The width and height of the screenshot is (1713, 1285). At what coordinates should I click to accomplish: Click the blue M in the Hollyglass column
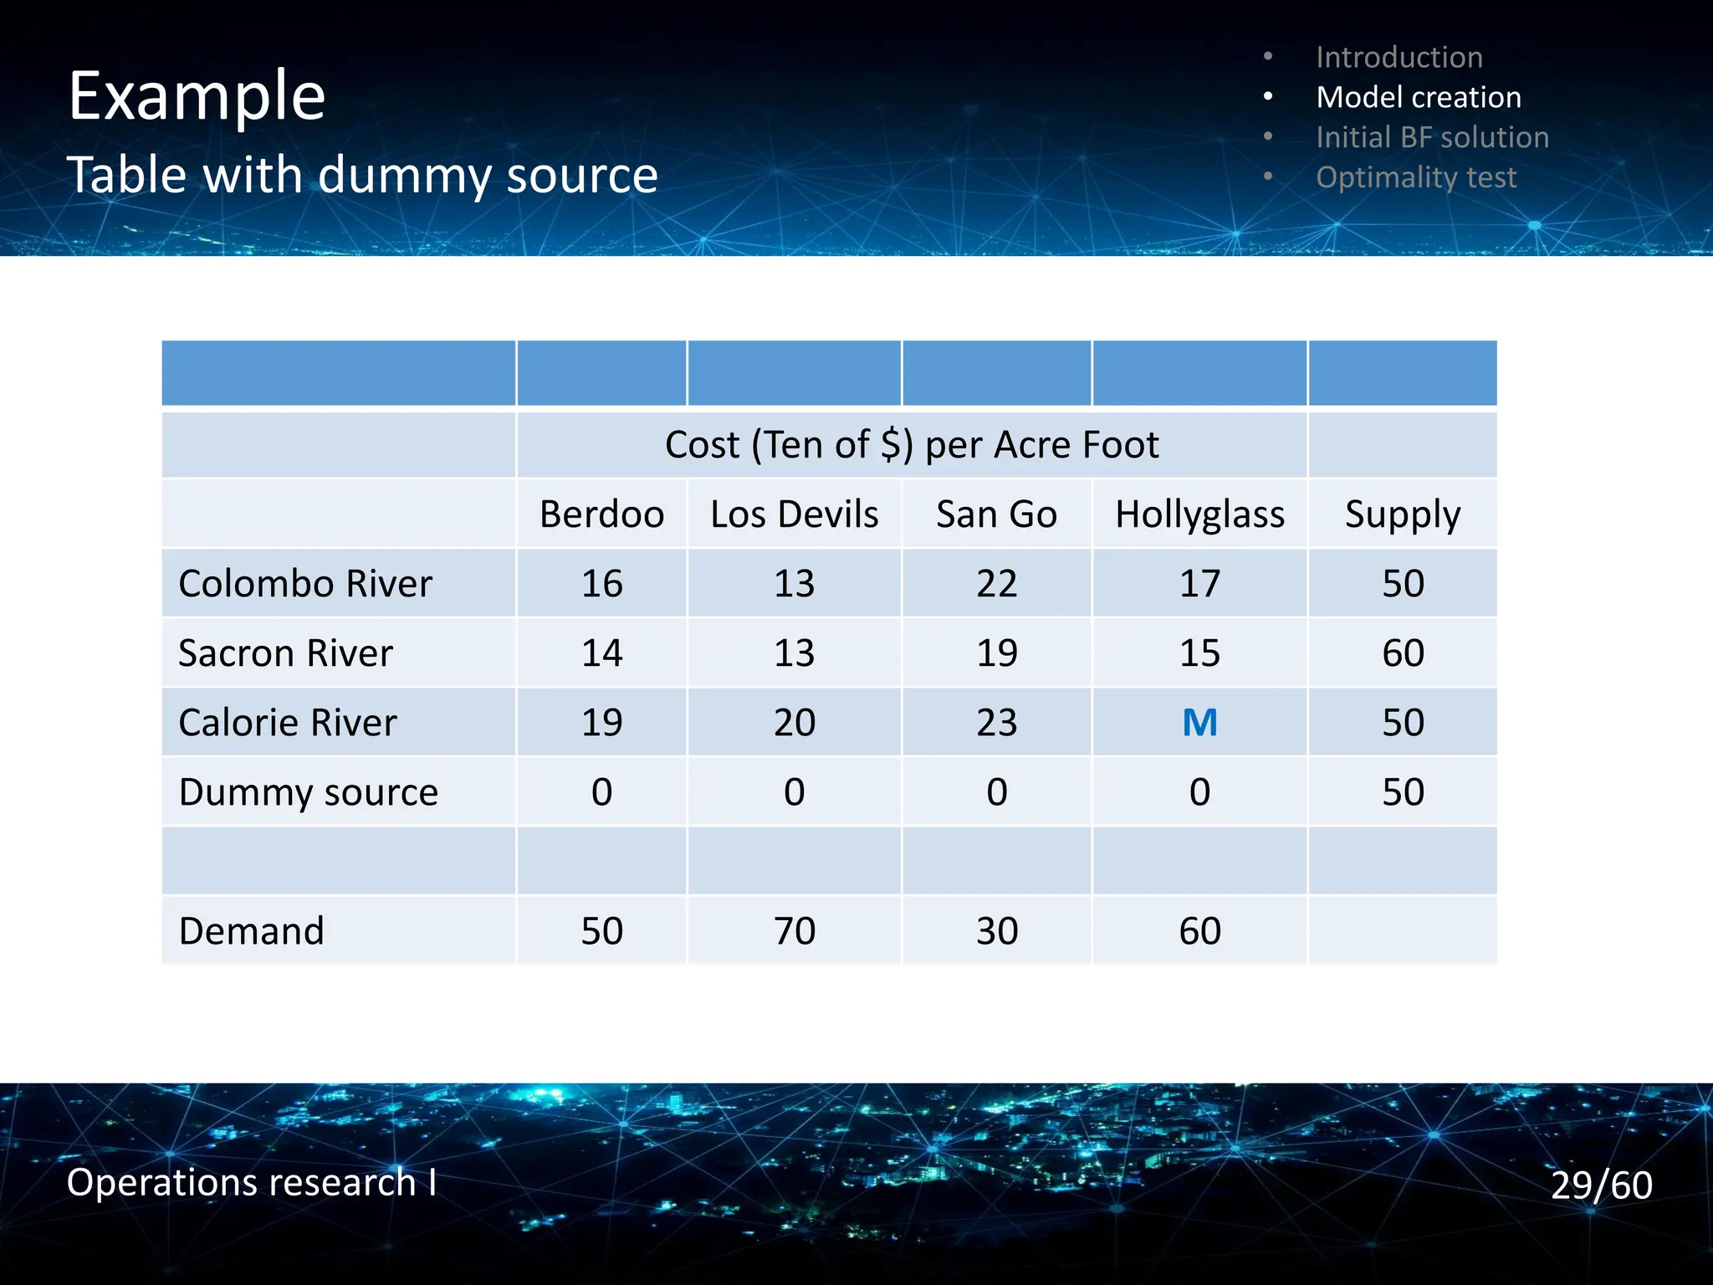(x=1199, y=722)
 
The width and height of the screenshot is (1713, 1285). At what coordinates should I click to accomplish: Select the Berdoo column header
(x=601, y=514)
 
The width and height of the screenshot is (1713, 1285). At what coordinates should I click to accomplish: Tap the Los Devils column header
(x=794, y=514)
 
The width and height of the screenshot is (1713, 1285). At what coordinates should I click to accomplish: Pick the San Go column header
(x=996, y=514)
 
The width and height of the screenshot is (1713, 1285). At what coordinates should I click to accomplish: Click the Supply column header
(x=1402, y=514)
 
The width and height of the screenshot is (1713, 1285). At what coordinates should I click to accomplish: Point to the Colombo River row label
(x=305, y=583)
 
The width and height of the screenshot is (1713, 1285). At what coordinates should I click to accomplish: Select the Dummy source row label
(x=308, y=791)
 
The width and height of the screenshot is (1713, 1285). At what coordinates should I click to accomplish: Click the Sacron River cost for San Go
(x=996, y=653)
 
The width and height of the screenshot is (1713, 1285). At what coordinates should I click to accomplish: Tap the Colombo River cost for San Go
(x=996, y=583)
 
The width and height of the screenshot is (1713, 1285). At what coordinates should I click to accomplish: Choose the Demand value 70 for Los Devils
(x=794, y=930)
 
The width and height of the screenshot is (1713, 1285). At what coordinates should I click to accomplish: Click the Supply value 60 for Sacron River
(x=1402, y=653)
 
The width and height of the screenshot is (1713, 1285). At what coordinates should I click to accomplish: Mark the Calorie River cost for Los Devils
(x=794, y=722)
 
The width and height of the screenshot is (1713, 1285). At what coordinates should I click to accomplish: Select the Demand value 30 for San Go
(x=996, y=930)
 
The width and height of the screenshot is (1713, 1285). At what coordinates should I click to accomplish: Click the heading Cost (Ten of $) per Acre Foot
(x=912, y=444)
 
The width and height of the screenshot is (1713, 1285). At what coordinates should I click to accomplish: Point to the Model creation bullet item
(x=1418, y=97)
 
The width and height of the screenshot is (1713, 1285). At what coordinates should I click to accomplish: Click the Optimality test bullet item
(x=1415, y=177)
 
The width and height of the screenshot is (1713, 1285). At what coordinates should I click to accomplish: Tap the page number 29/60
(x=1601, y=1185)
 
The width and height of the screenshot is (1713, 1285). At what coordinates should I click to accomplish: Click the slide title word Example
(x=197, y=95)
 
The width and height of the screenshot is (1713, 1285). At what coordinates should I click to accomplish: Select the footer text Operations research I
(x=251, y=1182)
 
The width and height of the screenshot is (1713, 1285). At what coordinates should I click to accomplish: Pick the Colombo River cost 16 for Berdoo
(x=601, y=583)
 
